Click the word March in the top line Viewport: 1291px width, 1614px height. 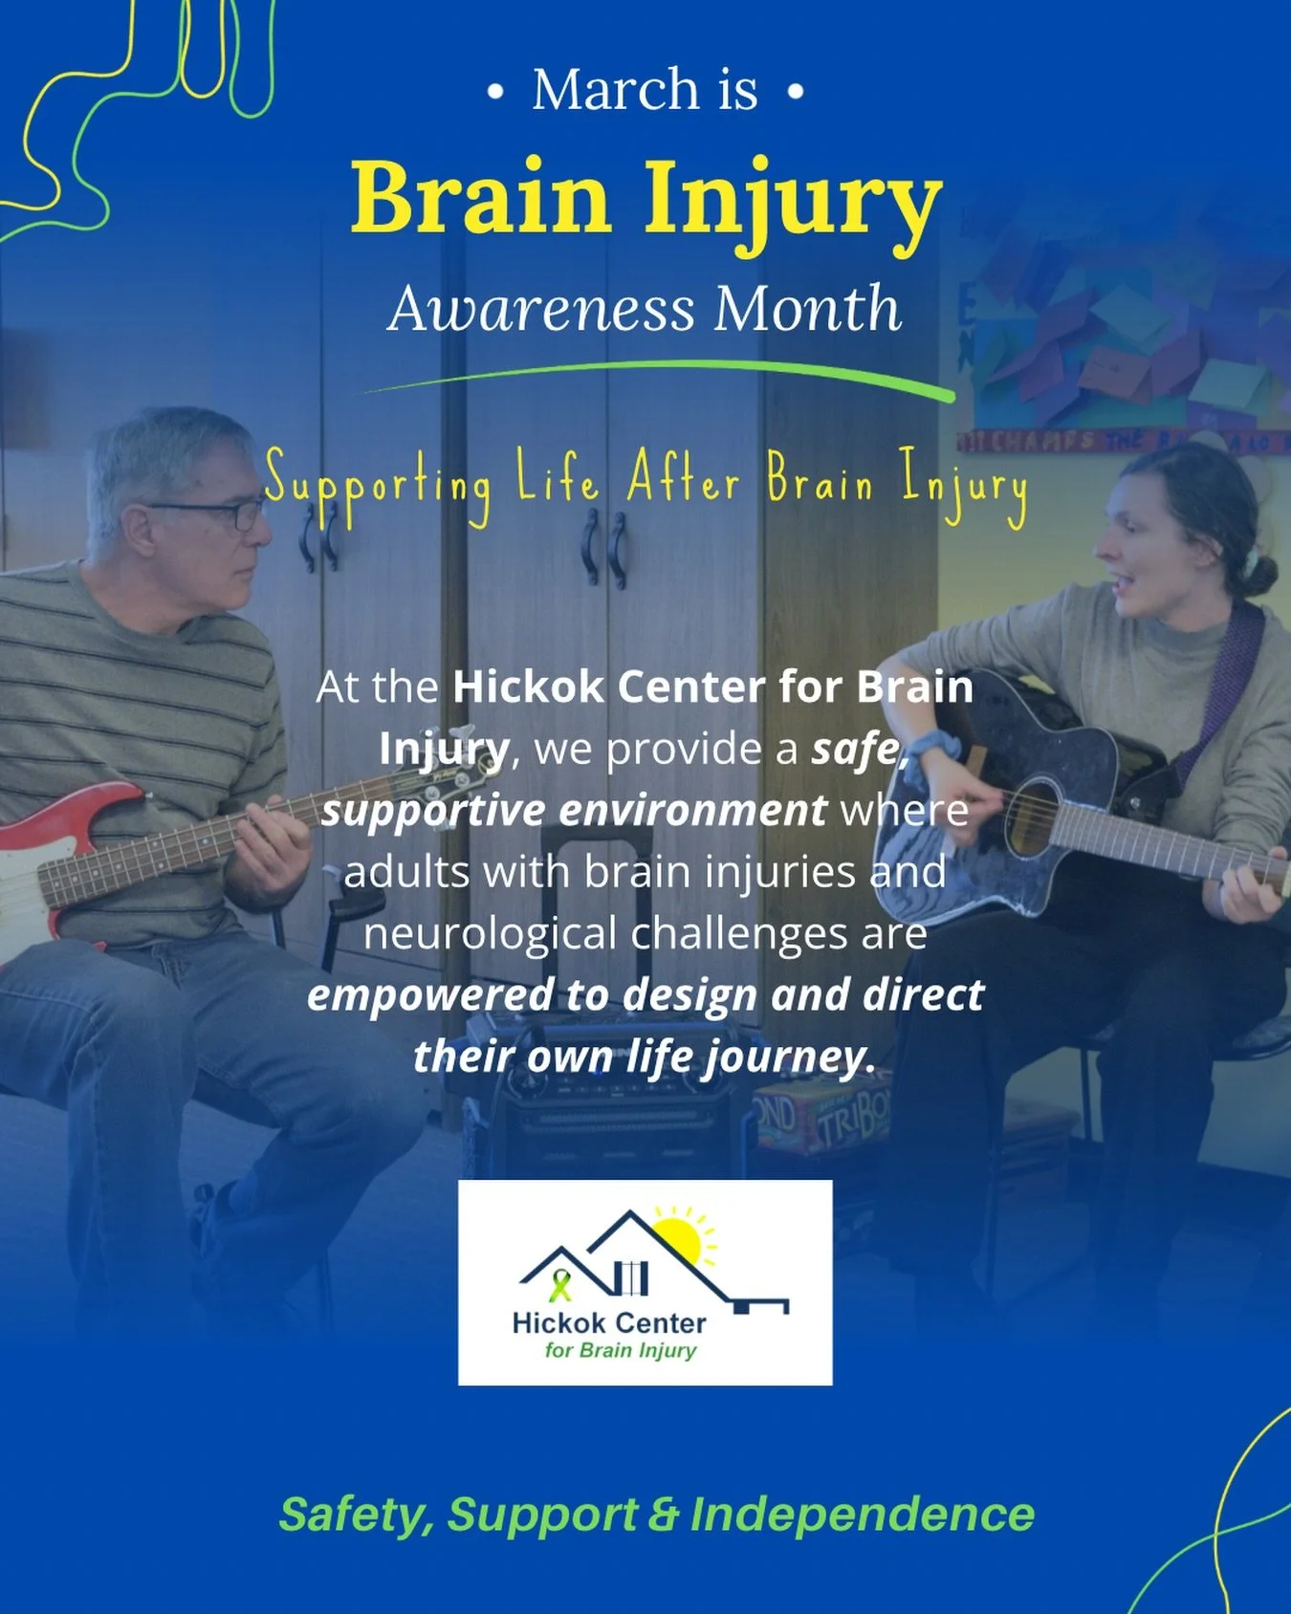pos(616,90)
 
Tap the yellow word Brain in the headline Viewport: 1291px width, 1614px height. pos(480,198)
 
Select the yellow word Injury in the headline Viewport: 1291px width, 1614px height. pos(792,201)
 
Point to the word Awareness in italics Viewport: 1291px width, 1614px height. pos(541,310)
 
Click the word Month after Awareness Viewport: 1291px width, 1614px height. pos(807,309)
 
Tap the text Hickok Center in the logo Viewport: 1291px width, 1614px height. pos(609,1322)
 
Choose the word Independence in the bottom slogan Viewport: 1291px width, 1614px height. pos(862,1514)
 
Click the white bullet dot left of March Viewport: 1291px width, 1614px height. pos(494,93)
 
